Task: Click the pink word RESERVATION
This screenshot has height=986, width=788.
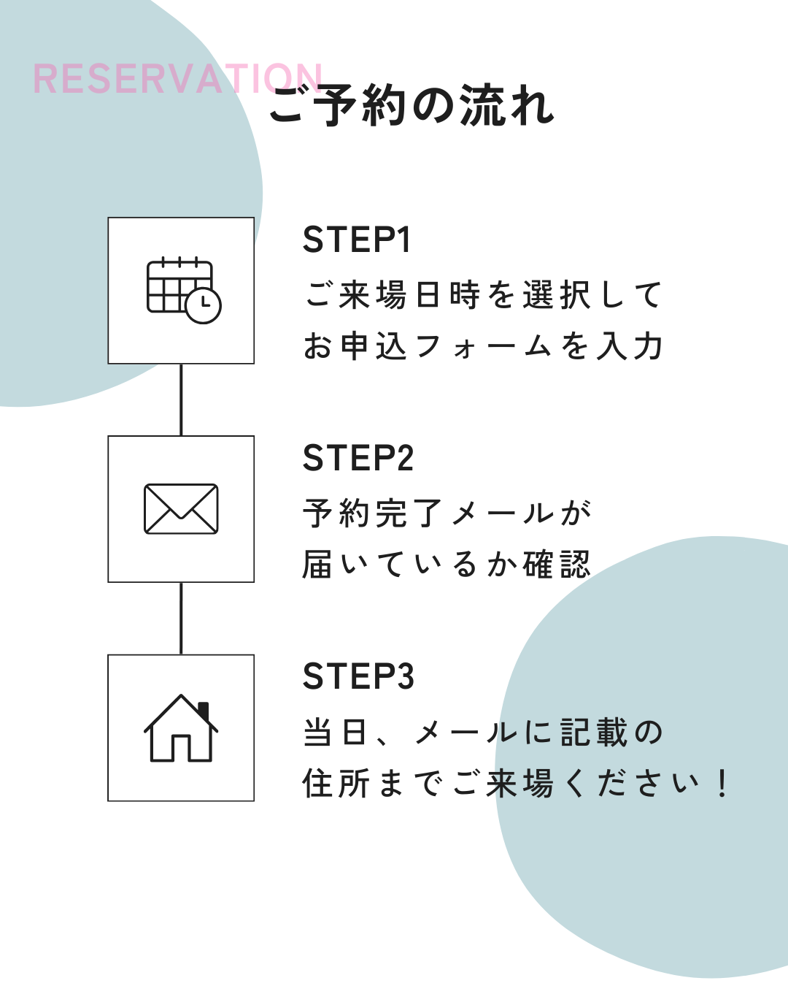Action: click(177, 79)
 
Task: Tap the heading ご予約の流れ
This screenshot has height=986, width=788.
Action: click(412, 106)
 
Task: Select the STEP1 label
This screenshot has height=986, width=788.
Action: click(357, 240)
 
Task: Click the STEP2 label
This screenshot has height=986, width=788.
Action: click(358, 458)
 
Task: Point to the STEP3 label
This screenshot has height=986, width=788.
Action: click(358, 676)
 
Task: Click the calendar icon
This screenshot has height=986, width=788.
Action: click(181, 290)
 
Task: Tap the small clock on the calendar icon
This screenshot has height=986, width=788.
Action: click(203, 305)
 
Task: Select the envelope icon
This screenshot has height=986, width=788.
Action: click(181, 509)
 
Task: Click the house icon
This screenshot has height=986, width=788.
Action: click(181, 728)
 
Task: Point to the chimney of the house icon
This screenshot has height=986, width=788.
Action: click(204, 709)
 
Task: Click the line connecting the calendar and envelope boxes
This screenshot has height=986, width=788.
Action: click(181, 400)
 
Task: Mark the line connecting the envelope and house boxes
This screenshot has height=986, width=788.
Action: click(181, 618)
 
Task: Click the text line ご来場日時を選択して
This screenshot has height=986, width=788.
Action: click(483, 295)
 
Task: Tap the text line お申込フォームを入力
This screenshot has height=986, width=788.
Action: click(483, 346)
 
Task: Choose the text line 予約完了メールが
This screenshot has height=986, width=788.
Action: click(447, 513)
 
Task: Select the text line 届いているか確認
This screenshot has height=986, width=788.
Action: click(447, 565)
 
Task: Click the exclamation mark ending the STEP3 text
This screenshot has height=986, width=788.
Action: click(722, 784)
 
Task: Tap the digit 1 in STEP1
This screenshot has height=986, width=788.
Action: click(403, 240)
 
